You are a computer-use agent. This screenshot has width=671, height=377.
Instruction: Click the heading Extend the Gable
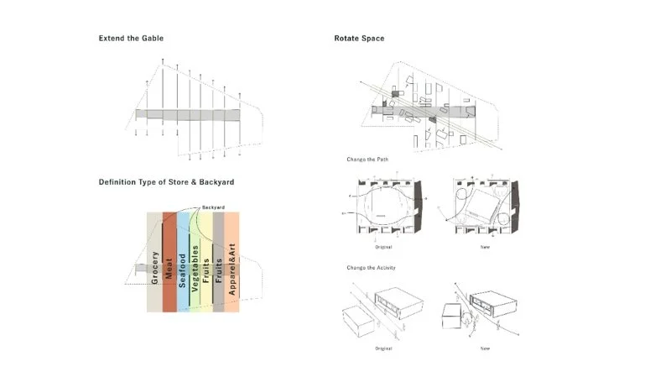[x=131, y=39]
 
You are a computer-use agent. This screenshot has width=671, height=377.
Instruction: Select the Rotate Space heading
[x=359, y=39]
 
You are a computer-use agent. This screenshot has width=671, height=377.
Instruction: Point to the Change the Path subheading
[x=367, y=160]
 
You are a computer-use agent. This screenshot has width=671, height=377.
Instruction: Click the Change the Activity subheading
[x=371, y=267]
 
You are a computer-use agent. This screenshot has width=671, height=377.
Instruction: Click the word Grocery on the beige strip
[x=156, y=267]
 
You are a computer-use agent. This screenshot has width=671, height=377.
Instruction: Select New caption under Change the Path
[x=485, y=247]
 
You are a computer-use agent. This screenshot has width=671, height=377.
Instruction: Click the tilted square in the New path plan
[x=484, y=205]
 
